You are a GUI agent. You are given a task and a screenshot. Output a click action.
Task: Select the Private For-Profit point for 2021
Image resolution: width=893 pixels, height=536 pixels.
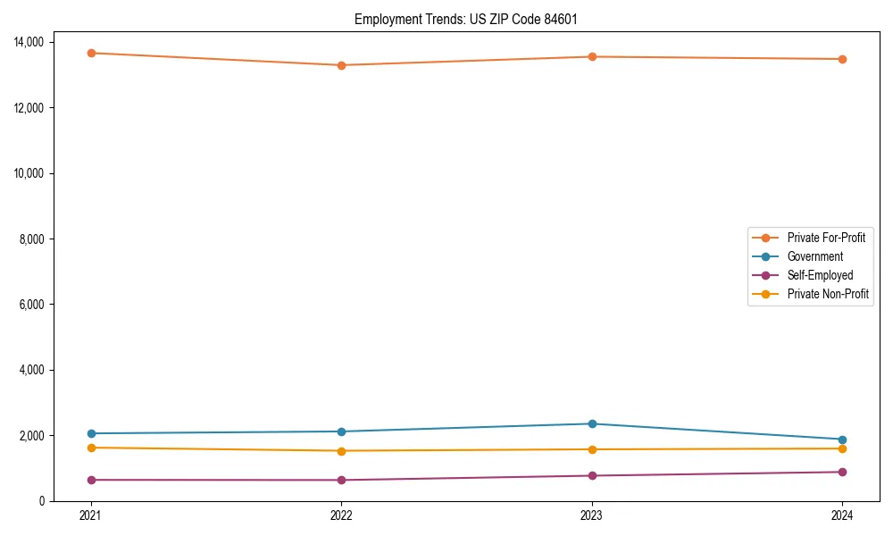tap(90, 53)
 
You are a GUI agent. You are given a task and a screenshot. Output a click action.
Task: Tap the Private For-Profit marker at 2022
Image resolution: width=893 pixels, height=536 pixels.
tap(341, 65)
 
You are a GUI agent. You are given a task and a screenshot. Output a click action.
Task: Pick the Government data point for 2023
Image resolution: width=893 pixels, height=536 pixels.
tap(592, 423)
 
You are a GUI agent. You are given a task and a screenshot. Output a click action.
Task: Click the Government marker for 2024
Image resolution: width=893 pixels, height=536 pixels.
tap(842, 440)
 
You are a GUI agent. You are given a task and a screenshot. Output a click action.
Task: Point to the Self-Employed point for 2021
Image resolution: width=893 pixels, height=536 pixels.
tap(90, 480)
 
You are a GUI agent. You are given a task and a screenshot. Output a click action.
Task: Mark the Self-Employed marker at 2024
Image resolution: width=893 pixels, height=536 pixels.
tap(842, 472)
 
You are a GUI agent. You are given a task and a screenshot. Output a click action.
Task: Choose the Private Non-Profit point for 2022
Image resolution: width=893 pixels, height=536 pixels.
tap(341, 450)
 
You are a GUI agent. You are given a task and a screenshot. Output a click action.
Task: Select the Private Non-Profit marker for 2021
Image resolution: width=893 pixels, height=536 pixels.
tap(90, 448)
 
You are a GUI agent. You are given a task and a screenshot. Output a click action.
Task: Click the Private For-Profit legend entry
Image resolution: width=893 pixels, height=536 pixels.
tap(825, 238)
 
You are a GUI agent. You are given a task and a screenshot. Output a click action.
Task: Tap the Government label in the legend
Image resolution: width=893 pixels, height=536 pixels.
tap(814, 256)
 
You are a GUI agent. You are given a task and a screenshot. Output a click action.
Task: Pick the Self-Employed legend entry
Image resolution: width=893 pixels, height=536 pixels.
tap(820, 275)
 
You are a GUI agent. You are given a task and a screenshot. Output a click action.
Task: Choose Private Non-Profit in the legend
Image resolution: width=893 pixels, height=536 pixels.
tap(828, 294)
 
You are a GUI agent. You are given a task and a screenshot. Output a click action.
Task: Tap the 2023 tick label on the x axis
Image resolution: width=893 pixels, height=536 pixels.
tap(592, 515)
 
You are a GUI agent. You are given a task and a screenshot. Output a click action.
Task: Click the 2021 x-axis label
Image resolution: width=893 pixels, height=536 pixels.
tap(90, 515)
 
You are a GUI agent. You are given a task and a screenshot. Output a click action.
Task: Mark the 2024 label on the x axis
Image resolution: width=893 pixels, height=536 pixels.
tap(842, 515)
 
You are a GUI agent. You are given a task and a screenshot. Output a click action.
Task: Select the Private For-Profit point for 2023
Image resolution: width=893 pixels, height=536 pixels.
tap(592, 56)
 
